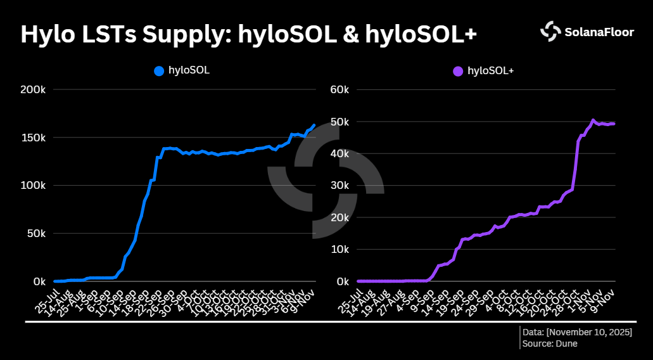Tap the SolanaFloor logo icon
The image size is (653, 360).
pos(550,31)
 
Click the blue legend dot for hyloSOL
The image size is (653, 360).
pos(159,71)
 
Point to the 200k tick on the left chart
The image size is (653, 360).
pos(33,89)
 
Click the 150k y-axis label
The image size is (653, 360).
pos(33,138)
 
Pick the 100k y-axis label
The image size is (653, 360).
pos(33,186)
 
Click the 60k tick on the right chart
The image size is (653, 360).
pos(339,89)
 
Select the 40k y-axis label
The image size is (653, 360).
pos(339,153)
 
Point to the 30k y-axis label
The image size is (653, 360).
pos(339,186)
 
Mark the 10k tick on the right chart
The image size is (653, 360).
pos(339,249)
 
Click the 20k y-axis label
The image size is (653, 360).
pos(339,217)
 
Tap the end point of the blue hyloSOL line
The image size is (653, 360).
pos(314,125)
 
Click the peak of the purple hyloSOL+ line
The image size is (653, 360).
pos(593,120)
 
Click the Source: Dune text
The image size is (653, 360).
pos(550,344)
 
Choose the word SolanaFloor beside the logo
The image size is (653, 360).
pos(599,32)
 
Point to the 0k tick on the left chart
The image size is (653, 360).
pos(38,281)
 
